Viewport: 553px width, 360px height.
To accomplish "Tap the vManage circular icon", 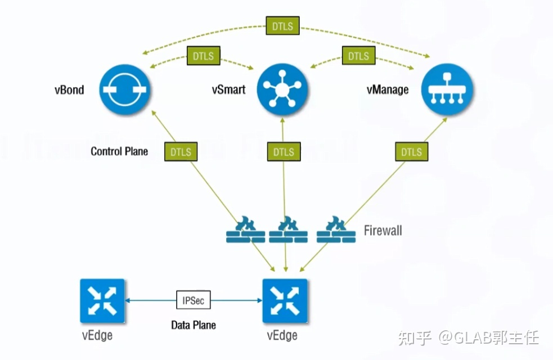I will [448, 89].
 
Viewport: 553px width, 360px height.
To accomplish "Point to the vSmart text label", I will [228, 89].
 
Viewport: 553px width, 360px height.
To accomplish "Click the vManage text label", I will [388, 89].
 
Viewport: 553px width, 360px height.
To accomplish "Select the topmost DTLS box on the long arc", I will [283, 26].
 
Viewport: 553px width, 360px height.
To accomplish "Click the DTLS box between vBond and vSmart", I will [204, 56].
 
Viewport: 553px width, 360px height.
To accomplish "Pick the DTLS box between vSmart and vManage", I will [358, 56].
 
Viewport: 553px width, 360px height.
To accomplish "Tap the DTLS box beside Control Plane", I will [181, 152].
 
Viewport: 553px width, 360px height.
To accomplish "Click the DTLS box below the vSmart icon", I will [284, 152].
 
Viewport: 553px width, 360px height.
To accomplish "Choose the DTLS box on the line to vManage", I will [411, 152].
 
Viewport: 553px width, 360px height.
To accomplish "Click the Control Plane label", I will [119, 151].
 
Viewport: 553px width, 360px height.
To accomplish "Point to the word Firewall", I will [383, 230].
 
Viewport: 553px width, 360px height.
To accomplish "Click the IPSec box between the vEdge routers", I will [194, 300].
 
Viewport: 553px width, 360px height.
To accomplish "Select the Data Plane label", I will [194, 325].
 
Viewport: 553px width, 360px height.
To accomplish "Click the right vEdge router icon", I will [285, 301].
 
